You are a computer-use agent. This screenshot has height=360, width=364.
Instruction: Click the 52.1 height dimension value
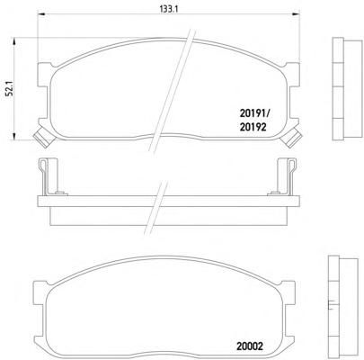10,88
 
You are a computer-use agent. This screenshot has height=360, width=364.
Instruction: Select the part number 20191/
254,113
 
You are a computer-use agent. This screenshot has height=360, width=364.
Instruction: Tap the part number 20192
253,128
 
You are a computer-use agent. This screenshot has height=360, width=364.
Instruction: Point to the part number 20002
250,346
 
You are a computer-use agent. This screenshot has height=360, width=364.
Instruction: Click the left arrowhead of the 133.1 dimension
40,13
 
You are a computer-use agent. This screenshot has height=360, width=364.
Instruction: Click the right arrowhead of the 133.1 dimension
296,13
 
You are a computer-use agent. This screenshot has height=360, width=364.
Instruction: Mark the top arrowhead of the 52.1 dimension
13,41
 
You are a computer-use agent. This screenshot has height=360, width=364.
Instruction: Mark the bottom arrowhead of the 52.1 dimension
13,137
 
